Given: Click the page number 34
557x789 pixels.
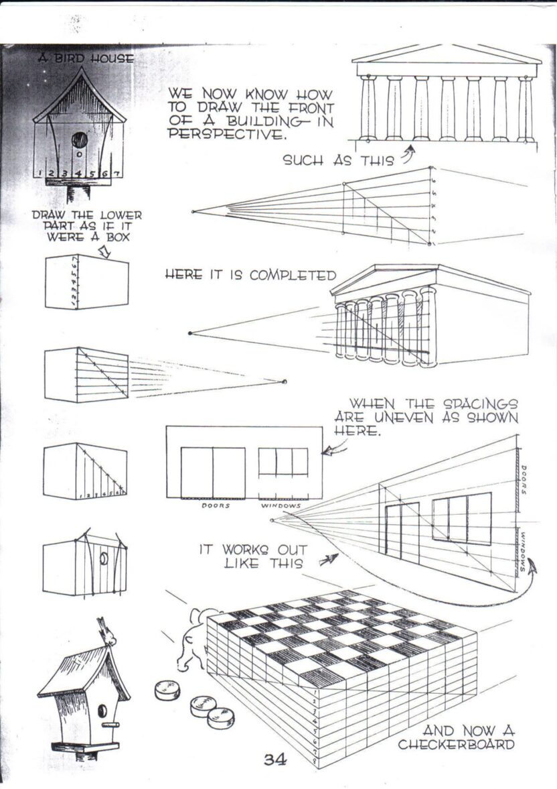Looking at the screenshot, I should (274, 760).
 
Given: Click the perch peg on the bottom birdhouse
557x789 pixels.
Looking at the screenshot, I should (111, 725).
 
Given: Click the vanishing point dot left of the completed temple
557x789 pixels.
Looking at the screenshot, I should (191, 333).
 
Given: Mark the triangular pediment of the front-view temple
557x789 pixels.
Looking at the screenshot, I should (447, 54).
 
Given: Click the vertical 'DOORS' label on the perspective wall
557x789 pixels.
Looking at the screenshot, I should (525, 480).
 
